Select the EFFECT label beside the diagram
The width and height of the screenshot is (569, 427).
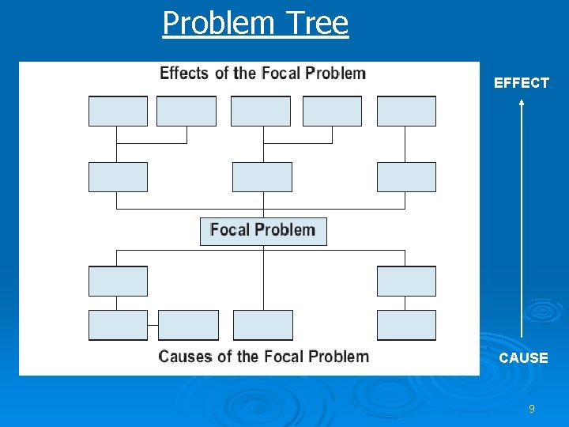tap(521, 83)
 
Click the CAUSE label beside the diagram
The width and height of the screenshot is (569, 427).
tap(523, 358)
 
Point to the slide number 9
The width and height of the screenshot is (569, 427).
tap(531, 409)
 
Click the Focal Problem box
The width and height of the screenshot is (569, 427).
tap(263, 231)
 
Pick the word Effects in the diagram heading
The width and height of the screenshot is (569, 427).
tap(184, 74)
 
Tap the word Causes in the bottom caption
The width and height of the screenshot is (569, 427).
tap(186, 357)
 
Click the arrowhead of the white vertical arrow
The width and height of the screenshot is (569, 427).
tap(522, 104)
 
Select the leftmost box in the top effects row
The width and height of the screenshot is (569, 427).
tap(118, 111)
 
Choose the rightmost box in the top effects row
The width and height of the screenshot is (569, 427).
tap(406, 111)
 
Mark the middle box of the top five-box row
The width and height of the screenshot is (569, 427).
tap(261, 111)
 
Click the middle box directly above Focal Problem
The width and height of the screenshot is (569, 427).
tap(262, 177)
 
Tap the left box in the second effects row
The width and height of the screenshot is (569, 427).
tap(118, 177)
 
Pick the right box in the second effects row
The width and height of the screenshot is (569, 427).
tap(406, 177)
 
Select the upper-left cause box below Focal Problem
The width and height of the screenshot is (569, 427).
tap(118, 282)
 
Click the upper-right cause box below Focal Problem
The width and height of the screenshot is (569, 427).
tap(406, 282)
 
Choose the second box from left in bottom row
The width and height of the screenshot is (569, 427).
tap(188, 325)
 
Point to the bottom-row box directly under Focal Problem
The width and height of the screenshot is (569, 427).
tap(263, 325)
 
